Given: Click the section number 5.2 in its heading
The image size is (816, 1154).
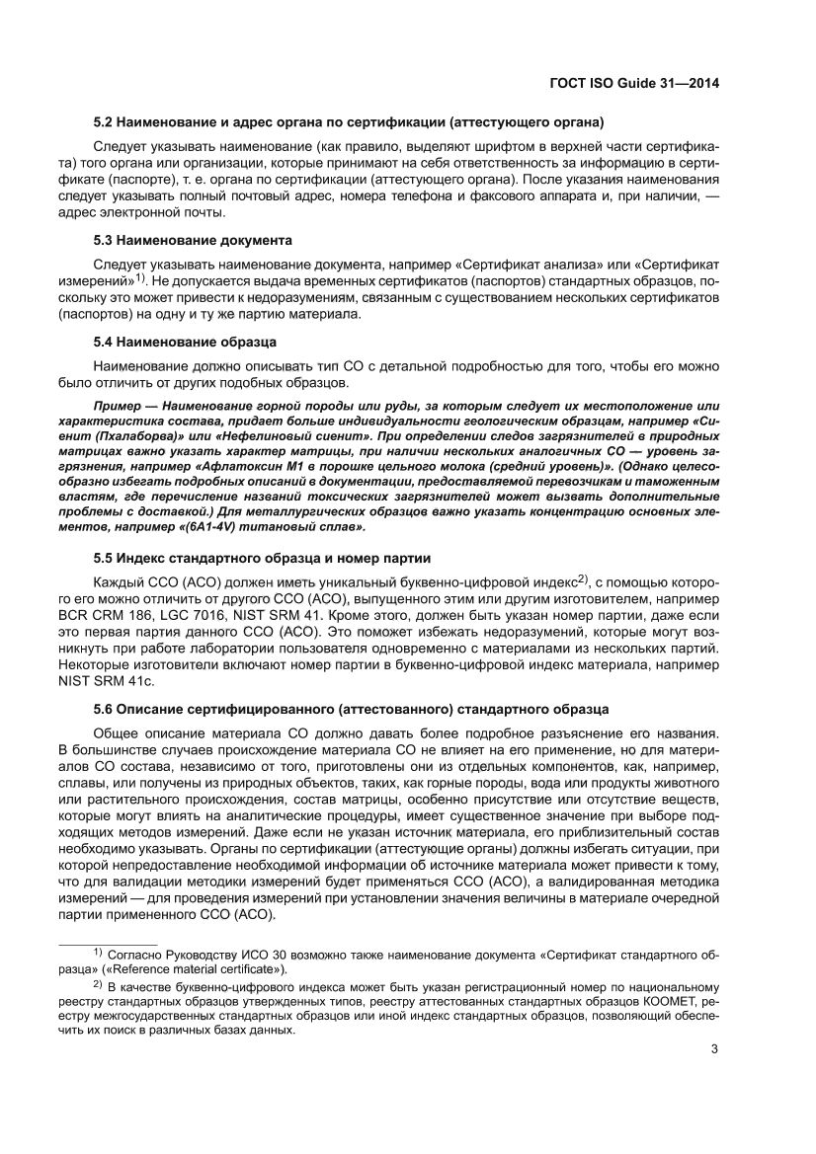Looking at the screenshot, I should point(104,124).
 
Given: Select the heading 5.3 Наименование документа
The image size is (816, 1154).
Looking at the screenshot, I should point(192,240).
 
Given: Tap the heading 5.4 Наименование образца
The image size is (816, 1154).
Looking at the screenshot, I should point(184,342).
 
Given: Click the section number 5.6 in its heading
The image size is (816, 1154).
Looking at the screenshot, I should point(104,709).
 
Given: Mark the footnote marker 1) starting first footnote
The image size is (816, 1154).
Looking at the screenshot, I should point(98,953).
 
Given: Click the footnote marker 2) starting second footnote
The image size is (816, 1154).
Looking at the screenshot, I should point(98,984).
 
